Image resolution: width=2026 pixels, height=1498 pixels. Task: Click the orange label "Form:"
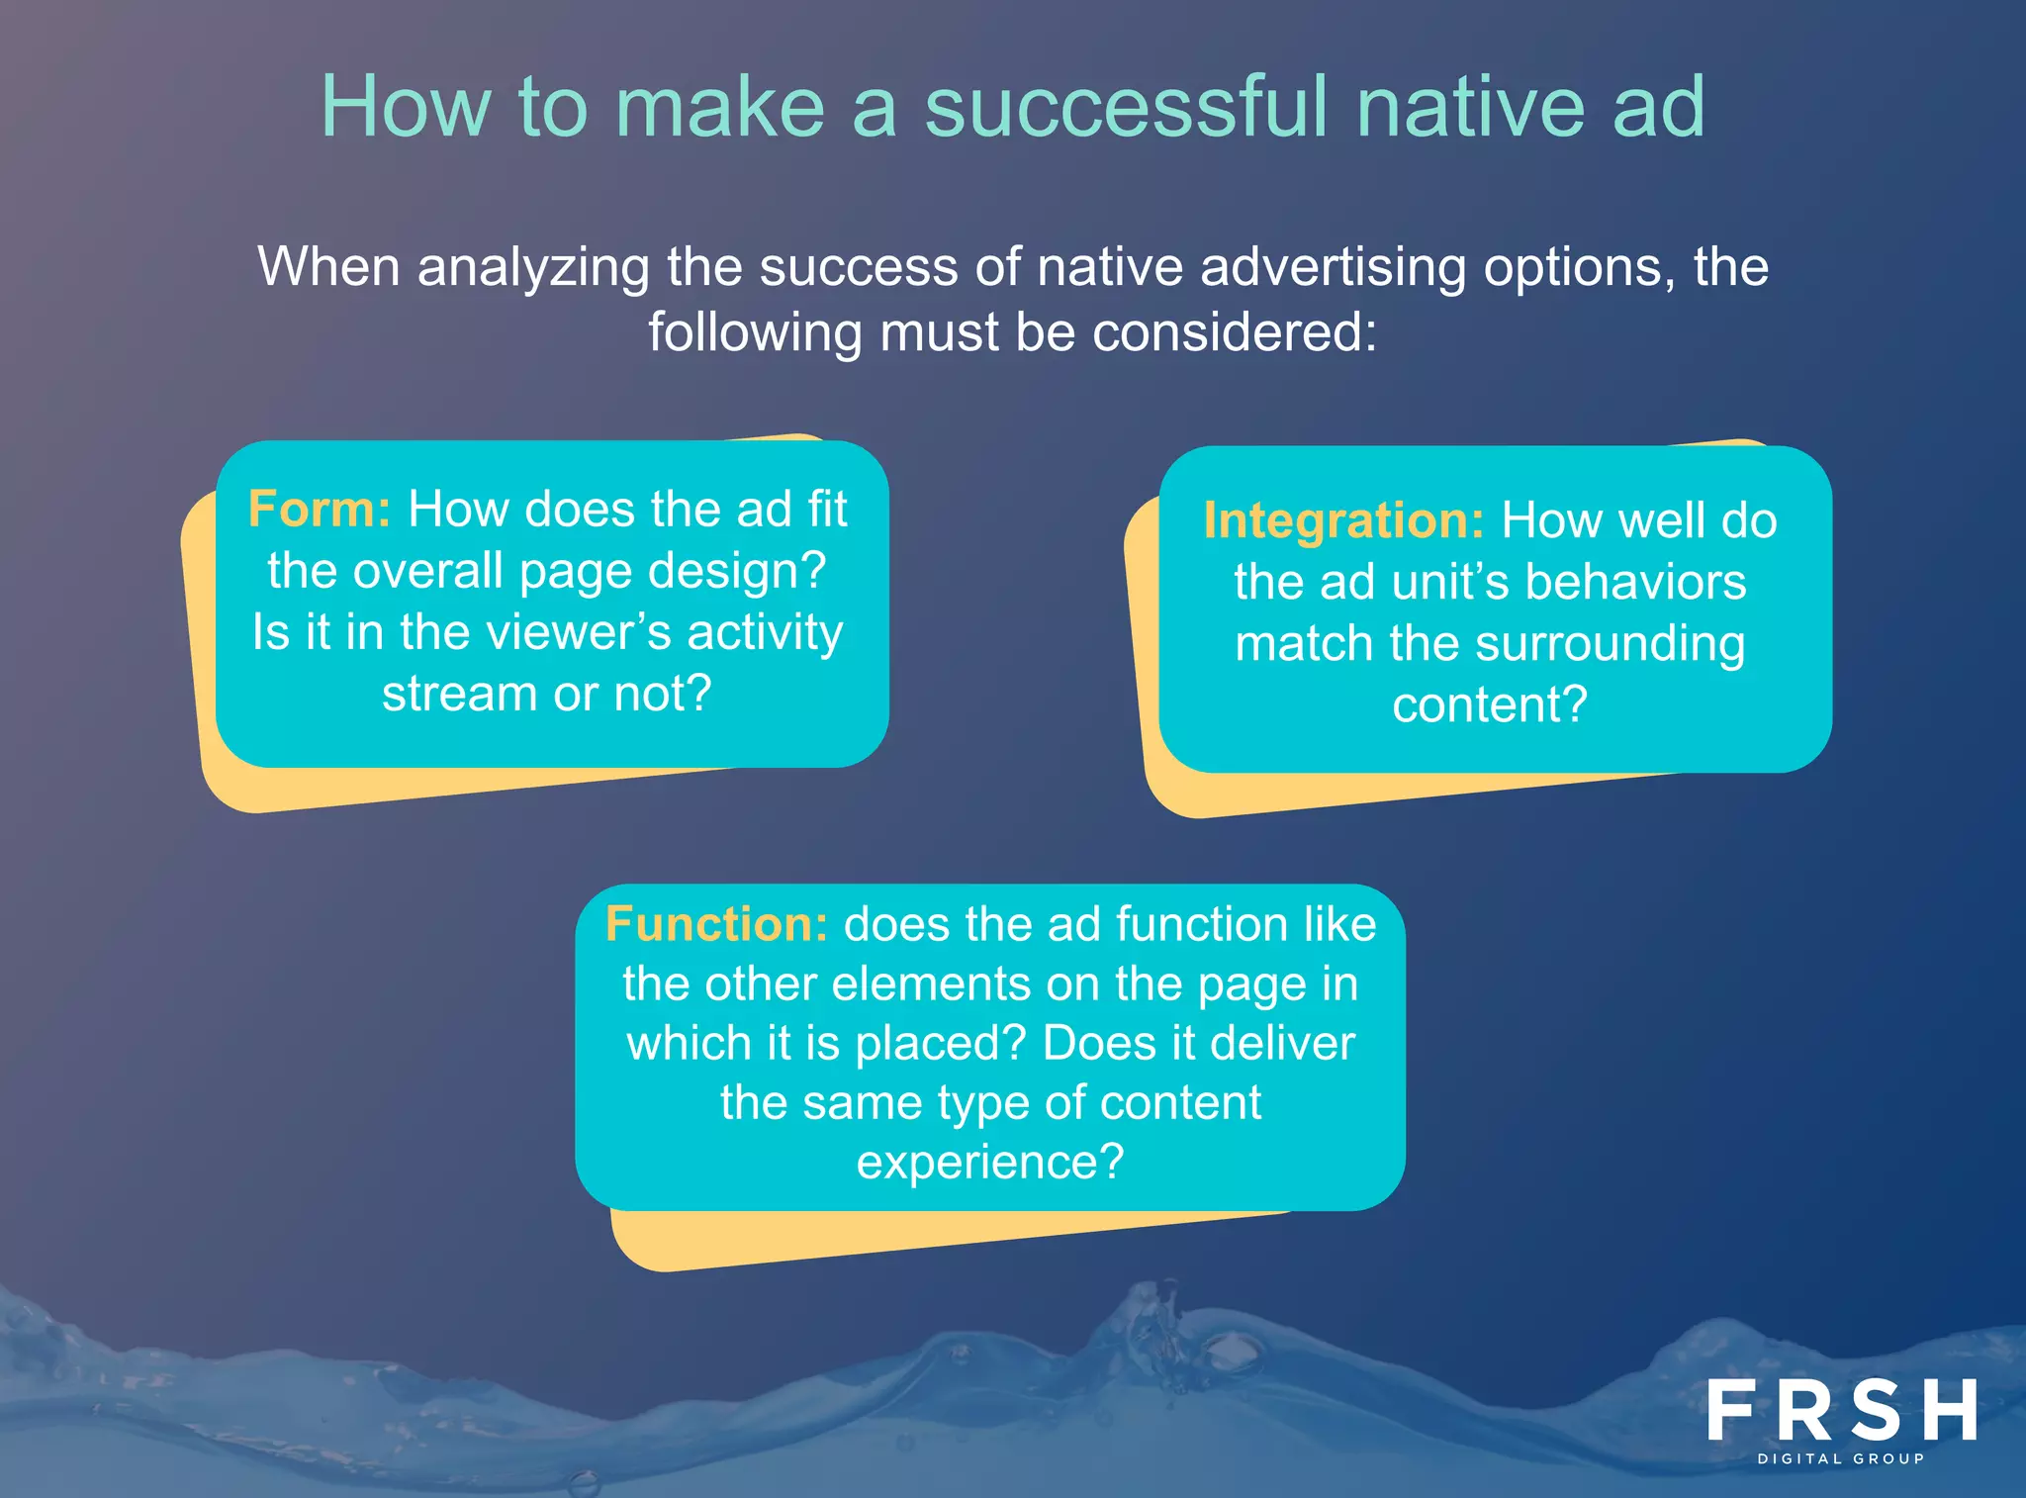(319, 510)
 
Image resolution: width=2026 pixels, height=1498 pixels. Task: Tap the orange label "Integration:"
(1342, 520)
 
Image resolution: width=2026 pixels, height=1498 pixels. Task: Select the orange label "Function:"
(716, 924)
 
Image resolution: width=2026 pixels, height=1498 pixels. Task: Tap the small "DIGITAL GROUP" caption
(1841, 1458)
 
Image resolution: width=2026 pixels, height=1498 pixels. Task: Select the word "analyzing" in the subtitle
(533, 268)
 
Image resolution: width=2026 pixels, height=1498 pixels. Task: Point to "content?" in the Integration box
(1490, 705)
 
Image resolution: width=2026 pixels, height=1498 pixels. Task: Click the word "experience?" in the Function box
(990, 1162)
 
